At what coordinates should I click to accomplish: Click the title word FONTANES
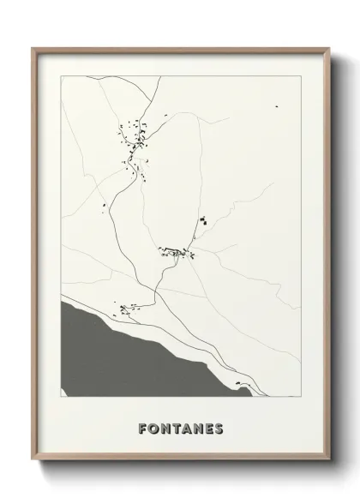click(x=180, y=427)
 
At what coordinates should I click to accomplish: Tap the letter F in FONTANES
click(x=140, y=427)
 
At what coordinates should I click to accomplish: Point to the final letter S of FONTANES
click(x=220, y=427)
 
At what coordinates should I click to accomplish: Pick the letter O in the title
click(x=151, y=427)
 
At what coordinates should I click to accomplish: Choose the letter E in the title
click(x=209, y=427)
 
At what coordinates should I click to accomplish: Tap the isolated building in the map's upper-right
click(x=277, y=105)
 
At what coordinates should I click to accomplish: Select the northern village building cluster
click(x=133, y=146)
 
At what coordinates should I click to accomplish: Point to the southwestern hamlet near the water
click(x=127, y=307)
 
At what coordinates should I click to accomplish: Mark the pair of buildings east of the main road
click(x=203, y=221)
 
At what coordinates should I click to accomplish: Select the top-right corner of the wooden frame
click(x=327, y=48)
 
